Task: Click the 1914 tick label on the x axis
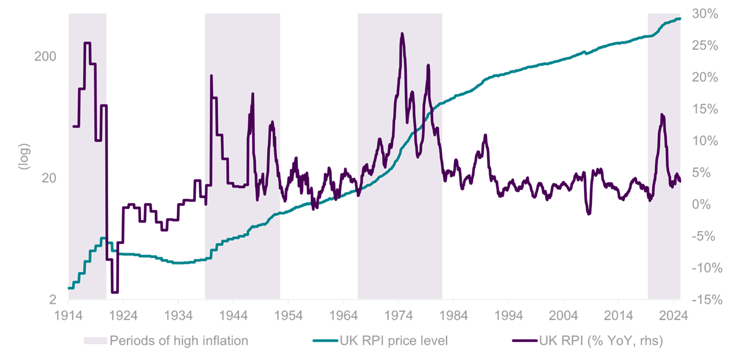point(68,314)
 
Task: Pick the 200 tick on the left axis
point(45,56)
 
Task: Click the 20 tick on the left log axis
point(49,178)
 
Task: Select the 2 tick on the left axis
point(52,300)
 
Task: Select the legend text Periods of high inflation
point(179,341)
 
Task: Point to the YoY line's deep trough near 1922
point(114,291)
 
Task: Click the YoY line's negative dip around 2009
point(589,212)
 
